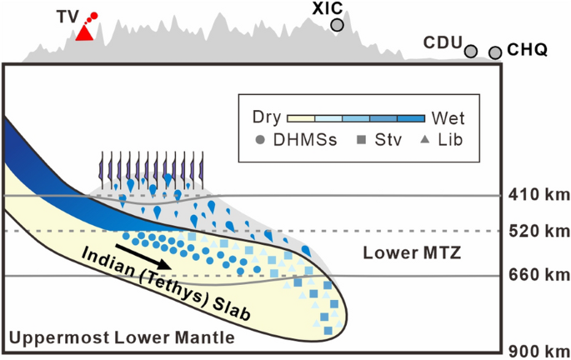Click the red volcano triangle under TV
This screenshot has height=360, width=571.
click(83, 32)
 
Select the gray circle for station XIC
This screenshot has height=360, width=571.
click(337, 25)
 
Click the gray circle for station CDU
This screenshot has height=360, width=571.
click(471, 52)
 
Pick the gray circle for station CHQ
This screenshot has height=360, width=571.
click(495, 53)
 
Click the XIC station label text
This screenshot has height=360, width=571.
click(328, 8)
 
